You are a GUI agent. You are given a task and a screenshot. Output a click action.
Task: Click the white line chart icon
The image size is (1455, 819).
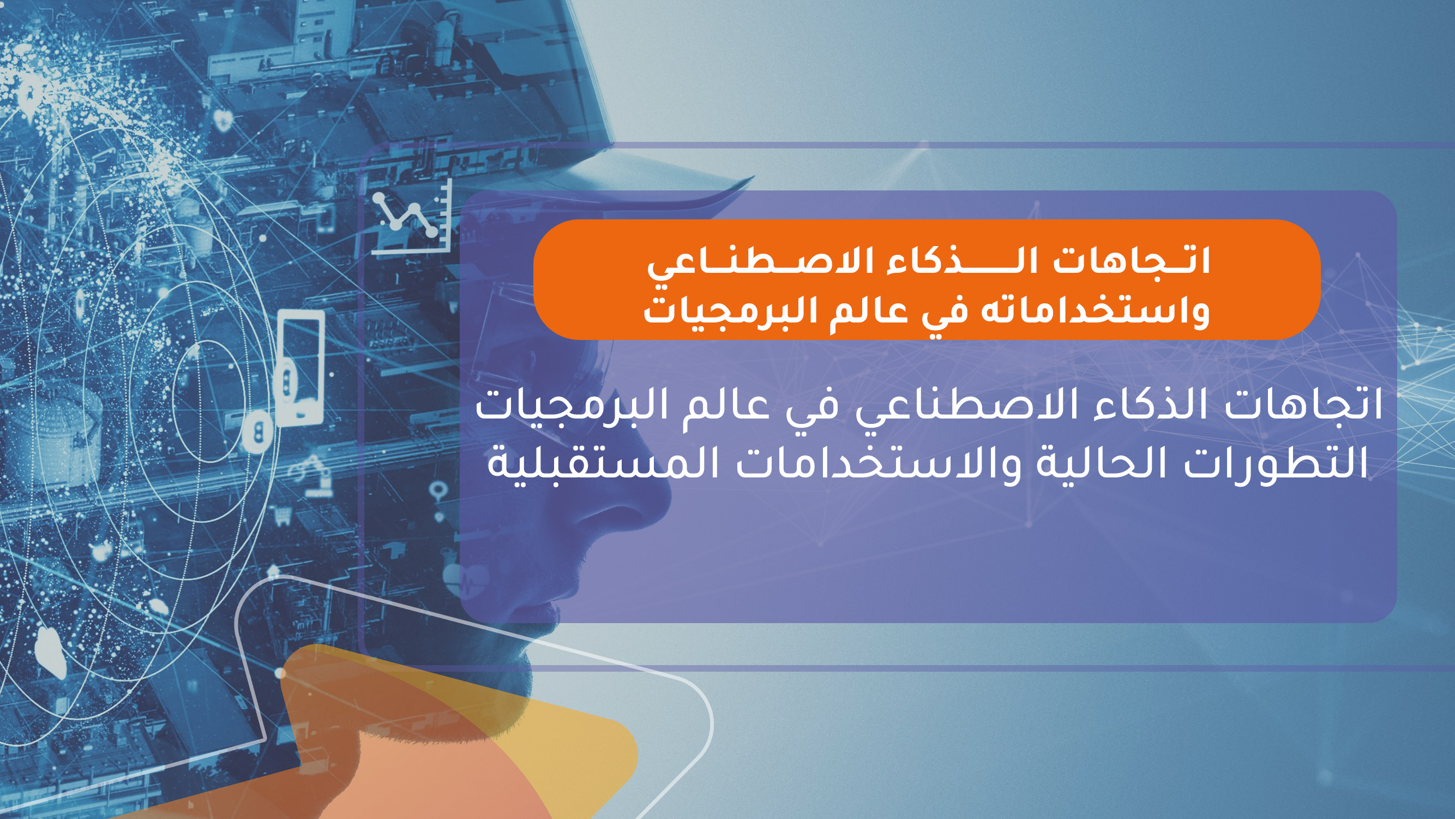[x=411, y=217]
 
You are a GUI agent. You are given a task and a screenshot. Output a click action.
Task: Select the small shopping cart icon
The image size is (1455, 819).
[x=282, y=515]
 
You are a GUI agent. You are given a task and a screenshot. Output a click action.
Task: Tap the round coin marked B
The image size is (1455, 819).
[x=258, y=432]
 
